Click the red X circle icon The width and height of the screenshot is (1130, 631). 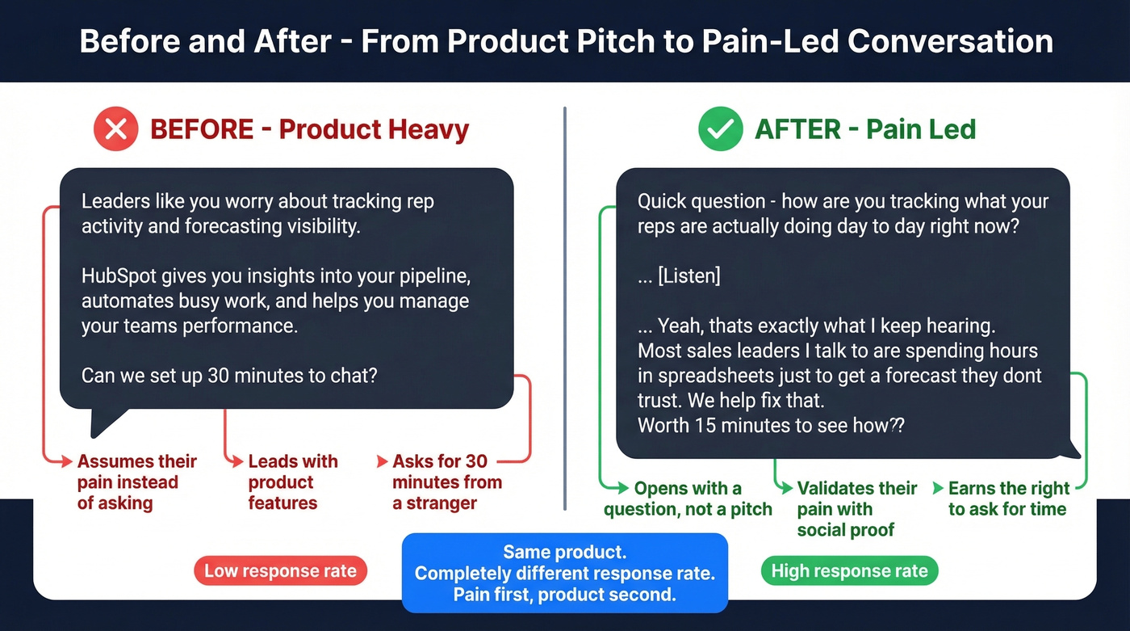pyautogui.click(x=116, y=129)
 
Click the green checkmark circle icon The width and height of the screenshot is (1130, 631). pyautogui.click(x=720, y=129)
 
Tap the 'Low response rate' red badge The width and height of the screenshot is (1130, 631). pyautogui.click(x=280, y=571)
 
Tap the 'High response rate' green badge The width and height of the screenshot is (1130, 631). pyautogui.click(x=849, y=571)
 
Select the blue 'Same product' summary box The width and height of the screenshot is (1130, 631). pyautogui.click(x=564, y=574)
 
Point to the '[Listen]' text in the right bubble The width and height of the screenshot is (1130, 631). pyautogui.click(x=679, y=276)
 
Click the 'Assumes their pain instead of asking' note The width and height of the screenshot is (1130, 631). pyautogui.click(x=136, y=482)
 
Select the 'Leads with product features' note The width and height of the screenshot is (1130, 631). pyautogui.click(x=292, y=482)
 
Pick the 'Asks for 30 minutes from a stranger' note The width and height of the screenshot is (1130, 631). pyautogui.click(x=446, y=482)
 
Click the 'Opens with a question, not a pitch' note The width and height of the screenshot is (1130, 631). pyautogui.click(x=688, y=498)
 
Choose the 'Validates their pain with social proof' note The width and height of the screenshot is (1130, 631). pyautogui.click(x=856, y=509)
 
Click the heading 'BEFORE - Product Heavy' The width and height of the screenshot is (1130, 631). pyautogui.click(x=309, y=129)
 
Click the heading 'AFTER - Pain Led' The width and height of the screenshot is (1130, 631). pyautogui.click(x=865, y=129)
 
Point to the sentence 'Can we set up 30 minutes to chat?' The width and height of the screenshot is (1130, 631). pyautogui.click(x=229, y=376)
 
